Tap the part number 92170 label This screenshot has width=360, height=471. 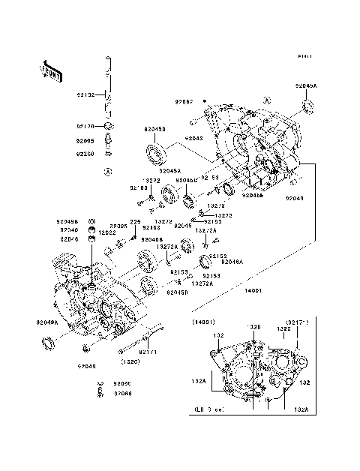(x=85, y=127)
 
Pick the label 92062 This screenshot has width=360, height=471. (x=184, y=101)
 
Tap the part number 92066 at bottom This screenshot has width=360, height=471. (x=122, y=392)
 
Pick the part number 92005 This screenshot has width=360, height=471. (x=85, y=140)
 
